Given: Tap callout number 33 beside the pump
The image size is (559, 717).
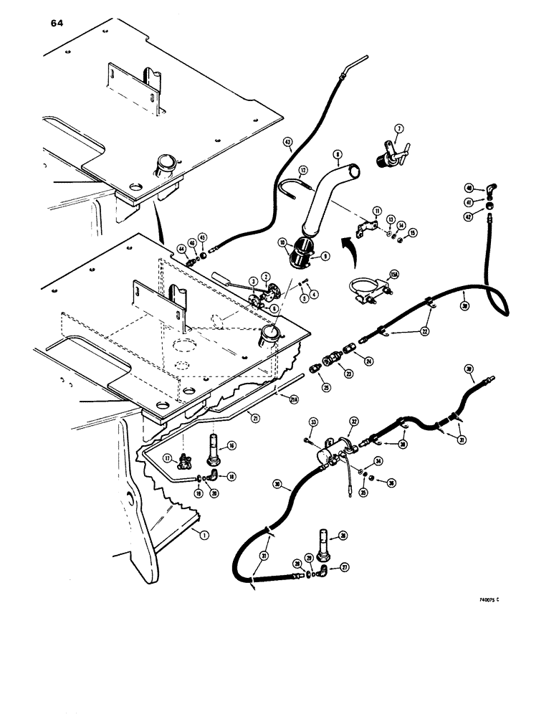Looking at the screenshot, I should (312, 422).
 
